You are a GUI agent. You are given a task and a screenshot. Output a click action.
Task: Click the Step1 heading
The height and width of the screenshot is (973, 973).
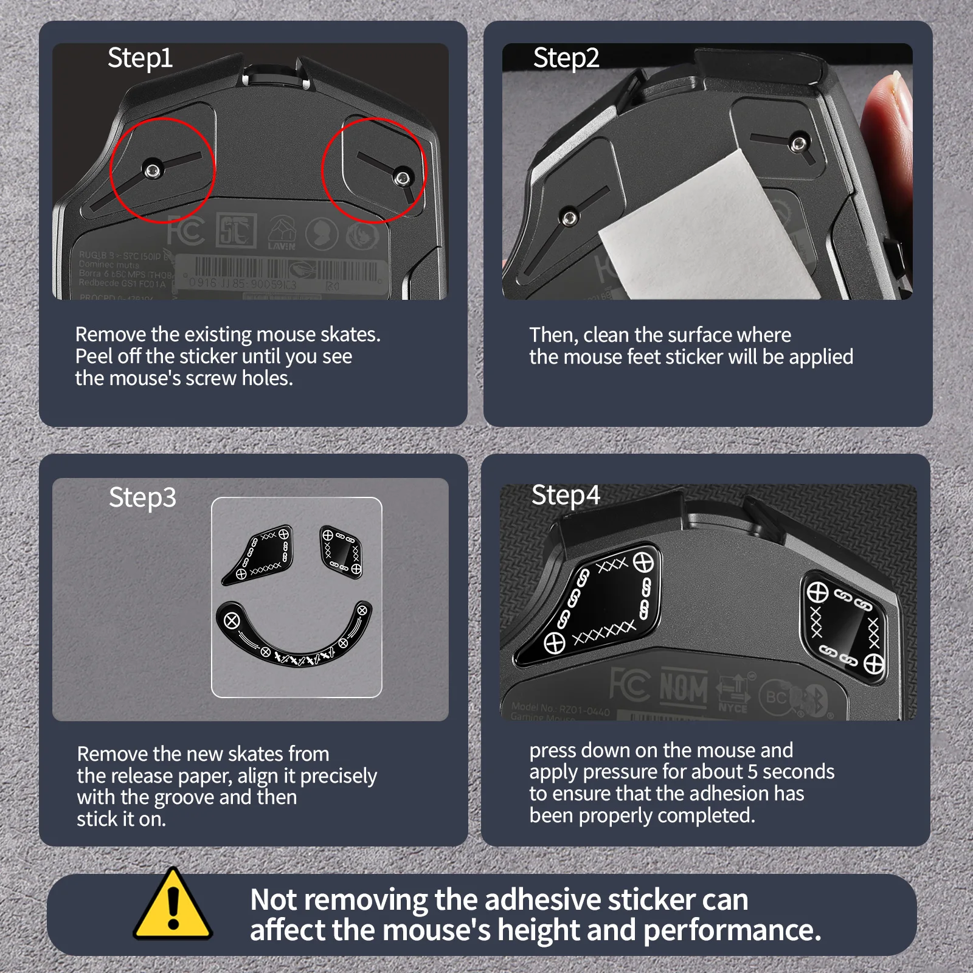[140, 58]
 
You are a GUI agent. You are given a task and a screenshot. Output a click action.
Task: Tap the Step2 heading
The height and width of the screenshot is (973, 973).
[566, 58]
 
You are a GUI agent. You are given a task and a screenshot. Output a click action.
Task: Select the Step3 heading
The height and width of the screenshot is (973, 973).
[142, 497]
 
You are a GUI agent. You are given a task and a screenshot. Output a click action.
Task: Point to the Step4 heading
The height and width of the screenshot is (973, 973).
[566, 496]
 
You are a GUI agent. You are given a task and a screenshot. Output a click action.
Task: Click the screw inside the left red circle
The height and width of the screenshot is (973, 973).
[152, 170]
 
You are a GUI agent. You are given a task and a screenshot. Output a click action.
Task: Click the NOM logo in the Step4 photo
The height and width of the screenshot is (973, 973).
[684, 689]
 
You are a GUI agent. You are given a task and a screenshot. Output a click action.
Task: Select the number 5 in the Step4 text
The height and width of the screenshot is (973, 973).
[753, 772]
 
